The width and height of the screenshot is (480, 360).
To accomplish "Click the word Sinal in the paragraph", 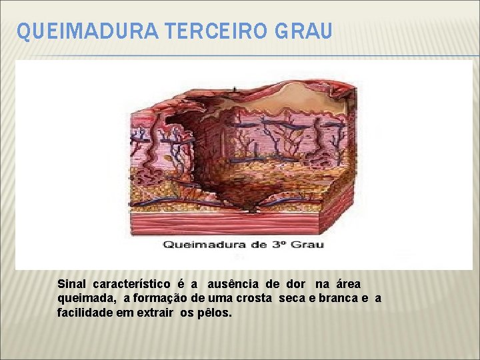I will coord(72,285).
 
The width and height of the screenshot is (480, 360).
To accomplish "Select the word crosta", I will coord(253,299).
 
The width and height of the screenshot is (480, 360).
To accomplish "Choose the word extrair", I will coord(159,313).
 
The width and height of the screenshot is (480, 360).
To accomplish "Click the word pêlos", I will coord(215,313).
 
